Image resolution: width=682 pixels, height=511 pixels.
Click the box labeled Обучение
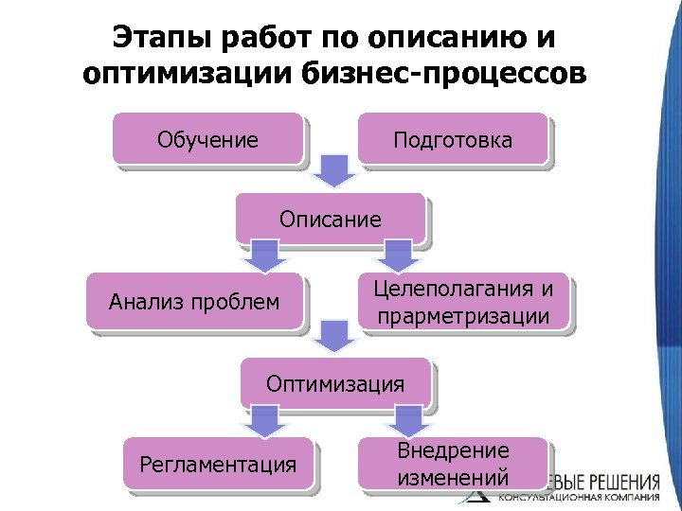[x=207, y=140]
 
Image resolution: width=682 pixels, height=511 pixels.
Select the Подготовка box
[x=453, y=140]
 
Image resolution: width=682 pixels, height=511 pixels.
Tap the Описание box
[x=330, y=220]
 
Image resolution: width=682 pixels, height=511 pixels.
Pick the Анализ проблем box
[x=194, y=302]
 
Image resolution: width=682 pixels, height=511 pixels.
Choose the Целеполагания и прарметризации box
[x=463, y=302]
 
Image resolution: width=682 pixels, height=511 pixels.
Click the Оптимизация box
[x=335, y=383]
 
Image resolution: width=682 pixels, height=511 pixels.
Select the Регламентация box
[x=218, y=464]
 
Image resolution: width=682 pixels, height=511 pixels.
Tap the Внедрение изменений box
[x=453, y=464]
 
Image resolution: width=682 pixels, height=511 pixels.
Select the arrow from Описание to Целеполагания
[x=398, y=254]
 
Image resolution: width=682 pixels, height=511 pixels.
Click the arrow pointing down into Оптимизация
[x=331, y=335]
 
